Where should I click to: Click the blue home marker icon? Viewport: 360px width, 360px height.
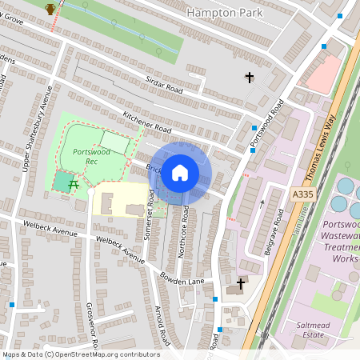pyautogui.click(x=180, y=172)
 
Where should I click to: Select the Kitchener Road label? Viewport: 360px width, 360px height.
pyautogui.click(x=147, y=128)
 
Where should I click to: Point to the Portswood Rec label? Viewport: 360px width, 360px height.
pyautogui.click(x=86, y=156)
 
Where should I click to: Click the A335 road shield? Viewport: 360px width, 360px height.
pyautogui.click(x=302, y=194)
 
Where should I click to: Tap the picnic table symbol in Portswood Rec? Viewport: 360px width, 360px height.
pyautogui.click(x=74, y=185)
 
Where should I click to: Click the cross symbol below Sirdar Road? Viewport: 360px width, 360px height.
pyautogui.click(x=250, y=78)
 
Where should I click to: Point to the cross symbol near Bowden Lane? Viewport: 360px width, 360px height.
pyautogui.click(x=240, y=285)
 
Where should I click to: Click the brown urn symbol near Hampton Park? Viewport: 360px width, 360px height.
pyautogui.click(x=50, y=9)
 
